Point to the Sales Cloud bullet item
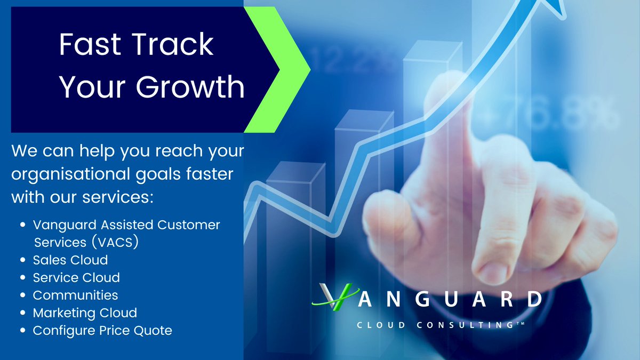click(70, 260)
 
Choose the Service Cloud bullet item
click(76, 277)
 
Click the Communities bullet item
click(75, 295)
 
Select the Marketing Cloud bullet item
click(85, 313)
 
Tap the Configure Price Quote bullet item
click(102, 331)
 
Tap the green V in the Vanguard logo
click(334, 297)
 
